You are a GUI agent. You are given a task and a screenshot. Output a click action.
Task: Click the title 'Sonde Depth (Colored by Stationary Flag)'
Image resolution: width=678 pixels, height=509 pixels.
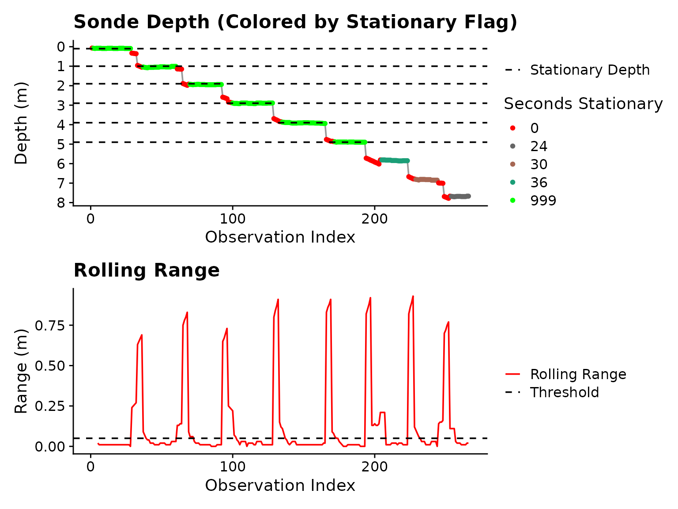[295, 22]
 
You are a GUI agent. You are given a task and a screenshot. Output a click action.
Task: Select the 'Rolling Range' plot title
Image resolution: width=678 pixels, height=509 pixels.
[146, 270]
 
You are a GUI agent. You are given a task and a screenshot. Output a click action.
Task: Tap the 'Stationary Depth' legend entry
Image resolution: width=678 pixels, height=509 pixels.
[589, 70]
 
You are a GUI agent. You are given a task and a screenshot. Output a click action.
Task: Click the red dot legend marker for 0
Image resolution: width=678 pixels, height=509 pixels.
[512, 128]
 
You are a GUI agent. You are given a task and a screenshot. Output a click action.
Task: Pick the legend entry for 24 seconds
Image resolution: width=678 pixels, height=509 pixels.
[539, 146]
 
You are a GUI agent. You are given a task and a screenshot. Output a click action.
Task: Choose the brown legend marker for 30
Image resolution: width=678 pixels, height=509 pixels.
[512, 164]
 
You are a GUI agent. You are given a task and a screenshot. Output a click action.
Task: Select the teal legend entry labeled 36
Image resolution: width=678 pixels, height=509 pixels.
[539, 182]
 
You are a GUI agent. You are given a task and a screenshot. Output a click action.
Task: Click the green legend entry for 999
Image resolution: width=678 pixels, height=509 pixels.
[543, 201]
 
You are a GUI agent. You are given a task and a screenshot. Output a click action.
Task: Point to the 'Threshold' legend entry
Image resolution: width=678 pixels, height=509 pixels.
[564, 392]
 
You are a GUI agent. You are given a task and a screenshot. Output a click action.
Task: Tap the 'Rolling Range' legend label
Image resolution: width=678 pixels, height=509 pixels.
[578, 374]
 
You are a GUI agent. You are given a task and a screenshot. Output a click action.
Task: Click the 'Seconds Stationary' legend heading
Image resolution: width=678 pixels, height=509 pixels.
[583, 104]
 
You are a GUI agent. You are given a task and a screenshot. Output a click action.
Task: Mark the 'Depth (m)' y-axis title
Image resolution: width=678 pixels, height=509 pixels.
[21, 123]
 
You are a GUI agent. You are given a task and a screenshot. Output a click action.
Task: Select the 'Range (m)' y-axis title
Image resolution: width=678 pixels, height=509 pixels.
[21, 371]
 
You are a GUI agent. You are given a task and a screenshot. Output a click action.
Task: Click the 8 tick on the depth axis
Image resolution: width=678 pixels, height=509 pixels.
[61, 202]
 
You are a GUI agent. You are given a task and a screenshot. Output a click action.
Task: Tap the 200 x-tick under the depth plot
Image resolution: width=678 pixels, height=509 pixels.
[374, 219]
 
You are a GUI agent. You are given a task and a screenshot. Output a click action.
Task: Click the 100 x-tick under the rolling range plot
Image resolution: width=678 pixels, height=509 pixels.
[232, 467]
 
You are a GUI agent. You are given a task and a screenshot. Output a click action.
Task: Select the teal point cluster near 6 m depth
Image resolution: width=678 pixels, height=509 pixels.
[394, 160]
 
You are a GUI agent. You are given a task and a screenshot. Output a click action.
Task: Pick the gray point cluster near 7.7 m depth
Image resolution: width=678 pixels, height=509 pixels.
[460, 196]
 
